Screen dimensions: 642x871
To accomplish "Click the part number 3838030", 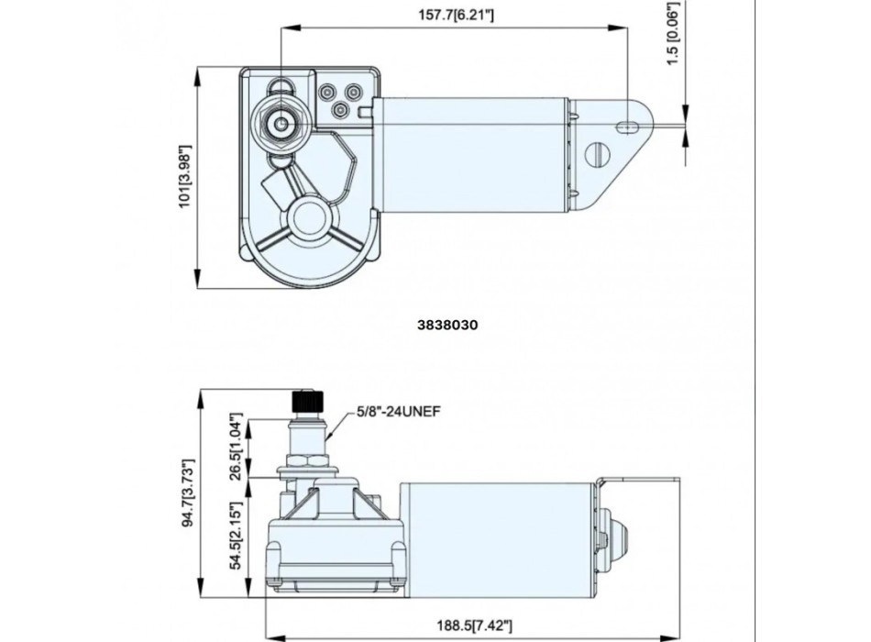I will (x=449, y=324).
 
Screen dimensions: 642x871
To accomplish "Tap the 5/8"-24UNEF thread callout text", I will (x=400, y=412).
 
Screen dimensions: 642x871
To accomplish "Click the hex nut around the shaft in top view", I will (x=280, y=124).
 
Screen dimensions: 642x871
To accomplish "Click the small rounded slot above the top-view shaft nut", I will (x=280, y=86).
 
